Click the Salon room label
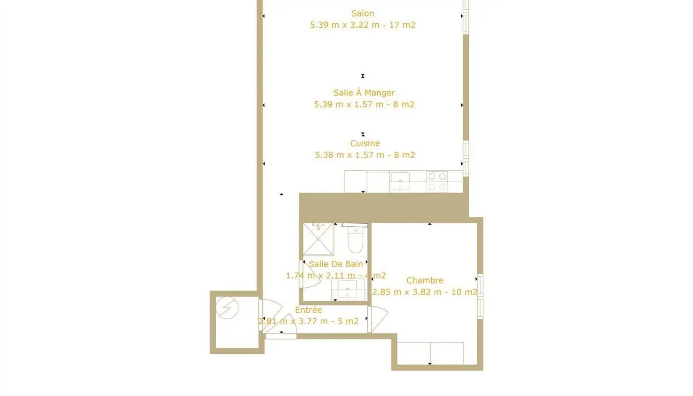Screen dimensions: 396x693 click(362, 13)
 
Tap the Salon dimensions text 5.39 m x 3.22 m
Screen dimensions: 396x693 click(363, 25)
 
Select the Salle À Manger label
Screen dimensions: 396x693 click(364, 93)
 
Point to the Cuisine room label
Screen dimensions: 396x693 click(365, 143)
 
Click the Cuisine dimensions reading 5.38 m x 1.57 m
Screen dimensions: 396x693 click(365, 155)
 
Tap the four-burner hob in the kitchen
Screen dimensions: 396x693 click(437, 181)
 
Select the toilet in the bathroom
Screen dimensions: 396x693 click(355, 239)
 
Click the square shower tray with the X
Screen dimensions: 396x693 click(318, 239)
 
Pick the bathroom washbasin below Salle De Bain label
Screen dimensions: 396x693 click(348, 290)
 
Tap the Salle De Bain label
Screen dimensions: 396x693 click(336, 264)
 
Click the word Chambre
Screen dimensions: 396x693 click(425, 281)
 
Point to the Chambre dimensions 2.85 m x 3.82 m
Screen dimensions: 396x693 click(425, 292)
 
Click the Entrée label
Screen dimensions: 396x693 click(308, 310)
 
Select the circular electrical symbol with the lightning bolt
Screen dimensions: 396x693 click(227, 308)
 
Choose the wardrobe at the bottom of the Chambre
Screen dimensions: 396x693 click(430, 353)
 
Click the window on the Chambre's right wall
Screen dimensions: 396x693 click(480, 296)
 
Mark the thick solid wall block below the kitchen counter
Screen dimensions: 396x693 click(384, 207)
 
